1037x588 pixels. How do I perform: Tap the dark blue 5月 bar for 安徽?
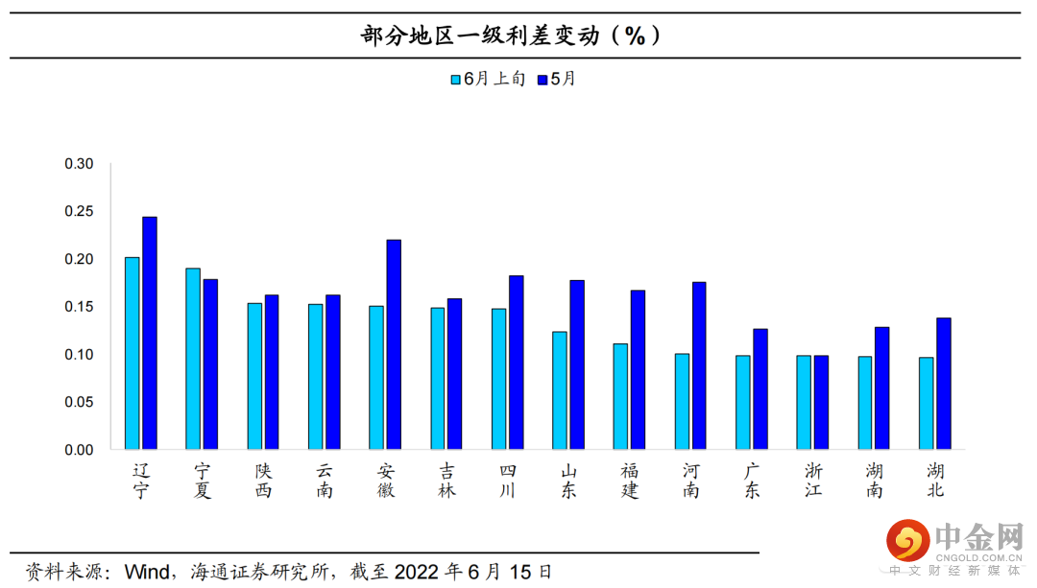point(394,344)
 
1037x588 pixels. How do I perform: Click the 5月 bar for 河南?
point(699,365)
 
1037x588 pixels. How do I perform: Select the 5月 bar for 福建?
point(638,369)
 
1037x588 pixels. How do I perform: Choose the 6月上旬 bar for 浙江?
point(804,402)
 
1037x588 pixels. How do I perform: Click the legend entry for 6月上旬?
point(488,80)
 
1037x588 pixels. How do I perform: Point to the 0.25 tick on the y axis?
point(79,212)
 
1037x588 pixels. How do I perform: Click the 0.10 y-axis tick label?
point(79,355)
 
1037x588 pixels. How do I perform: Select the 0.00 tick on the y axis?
point(79,450)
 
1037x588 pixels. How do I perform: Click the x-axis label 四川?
point(508,480)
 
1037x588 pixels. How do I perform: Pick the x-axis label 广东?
point(752,480)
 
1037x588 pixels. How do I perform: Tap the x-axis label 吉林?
point(446,480)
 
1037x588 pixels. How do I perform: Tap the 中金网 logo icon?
point(907,542)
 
